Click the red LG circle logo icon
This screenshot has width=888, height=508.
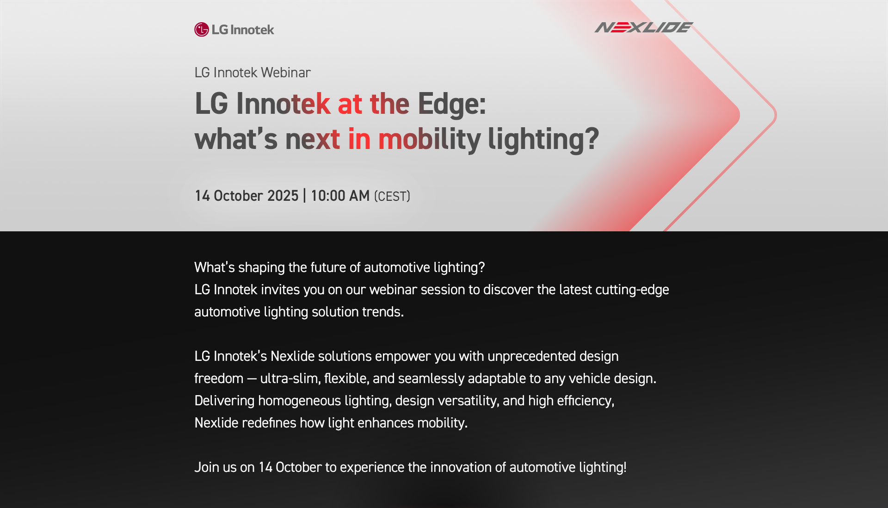pyautogui.click(x=202, y=30)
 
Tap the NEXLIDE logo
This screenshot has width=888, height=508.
pyautogui.click(x=644, y=27)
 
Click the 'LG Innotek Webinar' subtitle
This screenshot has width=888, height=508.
pyautogui.click(x=253, y=73)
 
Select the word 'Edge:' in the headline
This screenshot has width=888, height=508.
pyautogui.click(x=452, y=104)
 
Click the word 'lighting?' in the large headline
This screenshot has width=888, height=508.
pyautogui.click(x=543, y=139)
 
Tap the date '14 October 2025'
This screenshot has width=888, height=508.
pyautogui.click(x=247, y=196)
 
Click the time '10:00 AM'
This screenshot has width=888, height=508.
pyautogui.click(x=340, y=196)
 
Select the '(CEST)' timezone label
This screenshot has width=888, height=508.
pyautogui.click(x=392, y=196)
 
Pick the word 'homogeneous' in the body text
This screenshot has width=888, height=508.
pyautogui.click(x=299, y=401)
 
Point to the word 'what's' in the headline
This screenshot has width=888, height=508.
pyautogui.click(x=236, y=139)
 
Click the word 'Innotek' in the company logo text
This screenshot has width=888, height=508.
pyautogui.click(x=252, y=30)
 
